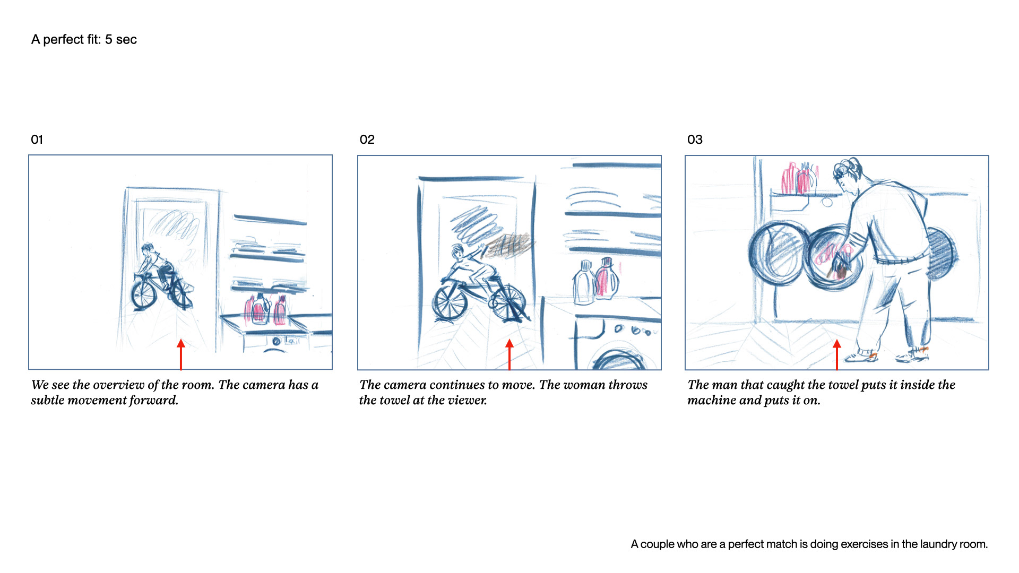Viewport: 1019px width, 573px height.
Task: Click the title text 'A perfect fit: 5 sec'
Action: [x=84, y=40]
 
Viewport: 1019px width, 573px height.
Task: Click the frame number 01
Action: [x=37, y=140]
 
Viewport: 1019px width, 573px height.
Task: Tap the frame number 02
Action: [x=367, y=140]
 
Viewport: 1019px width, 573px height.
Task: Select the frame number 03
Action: [x=695, y=140]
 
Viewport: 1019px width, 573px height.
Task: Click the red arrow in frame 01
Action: [x=181, y=354]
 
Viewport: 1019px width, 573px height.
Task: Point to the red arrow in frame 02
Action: [x=509, y=354]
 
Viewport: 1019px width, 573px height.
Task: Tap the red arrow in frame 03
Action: [x=837, y=354]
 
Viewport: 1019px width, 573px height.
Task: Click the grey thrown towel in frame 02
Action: [x=508, y=245]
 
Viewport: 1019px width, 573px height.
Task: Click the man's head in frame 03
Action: [x=848, y=173]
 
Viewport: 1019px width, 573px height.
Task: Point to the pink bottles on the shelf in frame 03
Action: [x=799, y=178]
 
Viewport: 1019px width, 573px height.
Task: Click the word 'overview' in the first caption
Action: [x=118, y=385]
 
